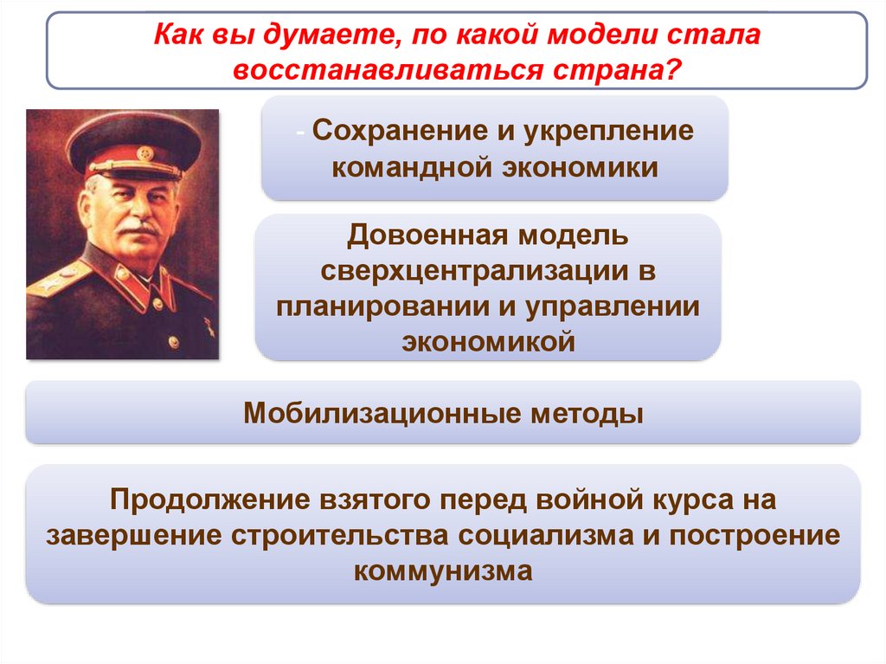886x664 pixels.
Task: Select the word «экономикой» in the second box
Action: click(x=488, y=343)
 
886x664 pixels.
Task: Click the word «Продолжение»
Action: click(x=210, y=500)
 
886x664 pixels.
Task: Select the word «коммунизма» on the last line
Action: click(x=443, y=571)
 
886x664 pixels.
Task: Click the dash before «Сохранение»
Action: click(x=299, y=132)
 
